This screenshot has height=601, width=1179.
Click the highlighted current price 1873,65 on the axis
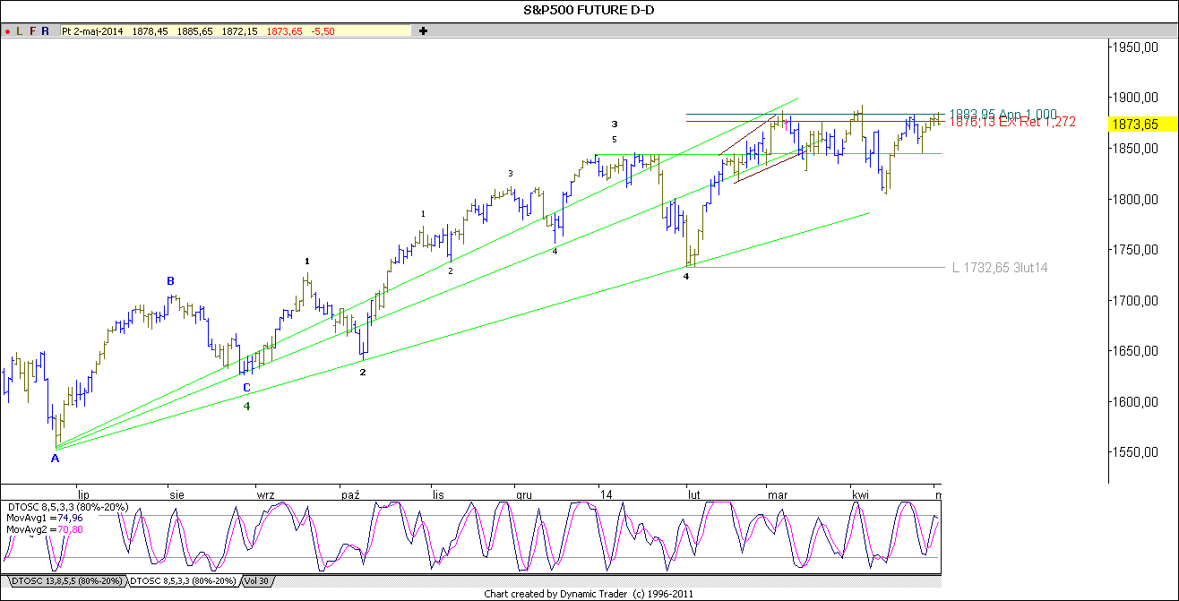[x=1132, y=124]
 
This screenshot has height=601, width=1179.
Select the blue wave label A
[x=55, y=459]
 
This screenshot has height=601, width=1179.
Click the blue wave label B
[x=170, y=281]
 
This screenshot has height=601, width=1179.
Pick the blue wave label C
[x=246, y=388]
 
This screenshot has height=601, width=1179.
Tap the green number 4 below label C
[x=247, y=406]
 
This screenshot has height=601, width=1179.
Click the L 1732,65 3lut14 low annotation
[x=999, y=267]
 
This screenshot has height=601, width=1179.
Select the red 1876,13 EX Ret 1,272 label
[x=1012, y=122]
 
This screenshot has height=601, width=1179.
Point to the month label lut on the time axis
[x=693, y=494]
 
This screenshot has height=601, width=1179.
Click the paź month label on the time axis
[x=350, y=494]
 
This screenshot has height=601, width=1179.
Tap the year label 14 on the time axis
[x=607, y=494]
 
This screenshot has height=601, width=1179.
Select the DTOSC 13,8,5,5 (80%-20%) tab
[x=62, y=581]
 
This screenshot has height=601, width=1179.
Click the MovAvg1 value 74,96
[x=73, y=518]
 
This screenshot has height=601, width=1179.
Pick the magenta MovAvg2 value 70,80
[x=73, y=529]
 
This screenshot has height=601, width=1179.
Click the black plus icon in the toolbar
[x=423, y=30]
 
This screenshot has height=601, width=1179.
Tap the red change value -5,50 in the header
[x=323, y=30]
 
